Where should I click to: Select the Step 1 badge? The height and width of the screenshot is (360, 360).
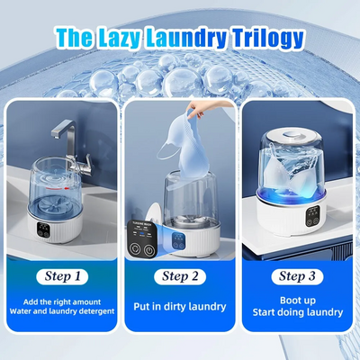62,276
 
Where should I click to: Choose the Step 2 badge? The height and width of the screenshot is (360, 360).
180,276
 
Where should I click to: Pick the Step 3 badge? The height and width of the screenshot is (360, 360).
297,276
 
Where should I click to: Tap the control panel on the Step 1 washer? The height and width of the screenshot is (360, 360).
43,230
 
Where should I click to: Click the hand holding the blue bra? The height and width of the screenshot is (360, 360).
196,111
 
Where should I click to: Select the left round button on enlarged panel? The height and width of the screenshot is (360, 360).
135,248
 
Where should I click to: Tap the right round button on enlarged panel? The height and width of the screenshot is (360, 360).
148,250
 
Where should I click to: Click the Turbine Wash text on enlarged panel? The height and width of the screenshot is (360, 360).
140,225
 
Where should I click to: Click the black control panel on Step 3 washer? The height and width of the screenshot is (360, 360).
312,217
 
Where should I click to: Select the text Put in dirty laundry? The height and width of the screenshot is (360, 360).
180,307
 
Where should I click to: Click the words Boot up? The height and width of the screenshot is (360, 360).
298,301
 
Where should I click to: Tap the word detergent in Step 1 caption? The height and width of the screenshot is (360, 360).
97,311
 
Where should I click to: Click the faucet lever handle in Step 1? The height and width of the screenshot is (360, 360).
85,160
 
